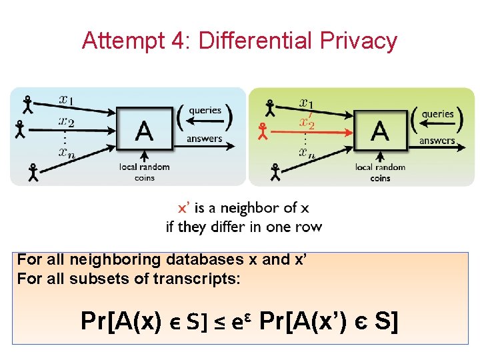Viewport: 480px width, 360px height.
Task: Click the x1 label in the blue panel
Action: click(x=66, y=100)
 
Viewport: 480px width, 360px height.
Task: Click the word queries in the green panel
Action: click(x=438, y=114)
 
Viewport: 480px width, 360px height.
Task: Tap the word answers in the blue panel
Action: click(x=205, y=139)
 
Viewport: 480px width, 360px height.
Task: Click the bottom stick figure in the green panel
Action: click(x=275, y=172)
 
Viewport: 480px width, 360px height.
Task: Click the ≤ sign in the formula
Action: click(x=218, y=323)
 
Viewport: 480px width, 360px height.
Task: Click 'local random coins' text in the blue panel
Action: click(x=145, y=172)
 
